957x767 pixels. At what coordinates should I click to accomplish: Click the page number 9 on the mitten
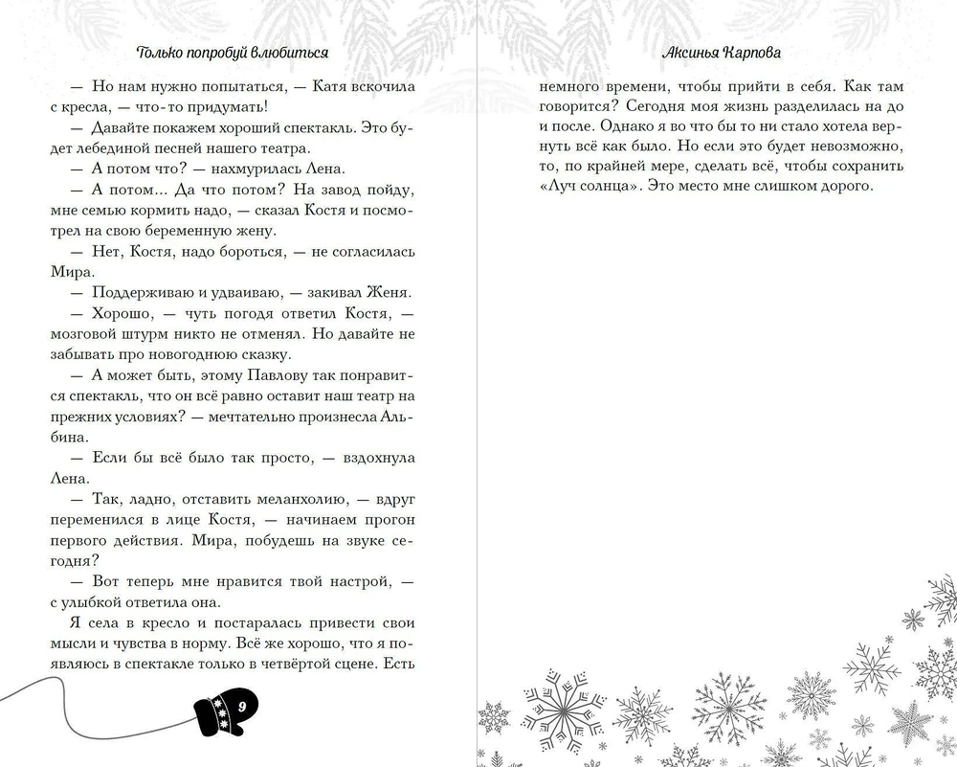242,706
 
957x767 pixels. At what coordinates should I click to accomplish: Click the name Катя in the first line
327,85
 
